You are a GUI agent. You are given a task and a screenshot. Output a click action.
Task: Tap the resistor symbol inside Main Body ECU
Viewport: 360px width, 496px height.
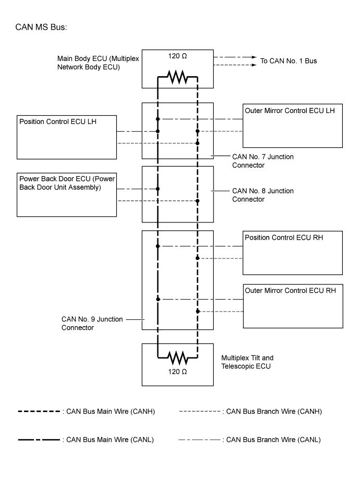(x=177, y=78)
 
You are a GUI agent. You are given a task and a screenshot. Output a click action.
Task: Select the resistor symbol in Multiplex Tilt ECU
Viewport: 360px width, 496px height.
(x=177, y=358)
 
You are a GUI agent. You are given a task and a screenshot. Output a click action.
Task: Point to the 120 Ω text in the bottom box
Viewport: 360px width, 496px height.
(x=177, y=372)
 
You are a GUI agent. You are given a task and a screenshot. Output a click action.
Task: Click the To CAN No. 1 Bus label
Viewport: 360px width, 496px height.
(x=288, y=61)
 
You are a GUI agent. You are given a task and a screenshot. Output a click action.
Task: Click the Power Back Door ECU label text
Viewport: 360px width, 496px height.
(x=67, y=182)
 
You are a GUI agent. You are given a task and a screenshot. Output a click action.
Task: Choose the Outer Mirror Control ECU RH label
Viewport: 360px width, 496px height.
(x=290, y=290)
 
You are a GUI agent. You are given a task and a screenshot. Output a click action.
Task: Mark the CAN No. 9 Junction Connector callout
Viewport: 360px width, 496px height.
(x=92, y=323)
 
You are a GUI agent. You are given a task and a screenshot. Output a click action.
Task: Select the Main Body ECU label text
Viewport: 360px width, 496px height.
(x=98, y=63)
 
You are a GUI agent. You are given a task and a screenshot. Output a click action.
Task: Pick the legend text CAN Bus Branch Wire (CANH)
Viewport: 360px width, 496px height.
(x=272, y=412)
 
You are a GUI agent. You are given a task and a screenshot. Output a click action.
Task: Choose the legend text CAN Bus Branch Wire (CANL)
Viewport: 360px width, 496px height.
(x=271, y=440)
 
